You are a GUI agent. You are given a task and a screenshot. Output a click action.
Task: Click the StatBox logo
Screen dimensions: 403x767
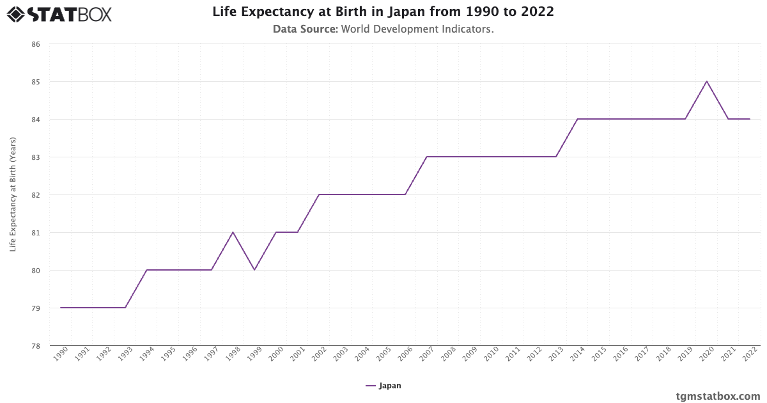click(x=59, y=14)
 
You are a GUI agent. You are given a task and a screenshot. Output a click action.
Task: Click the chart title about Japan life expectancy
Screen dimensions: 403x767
click(x=383, y=12)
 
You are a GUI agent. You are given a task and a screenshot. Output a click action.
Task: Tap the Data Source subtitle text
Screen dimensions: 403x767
click(x=383, y=29)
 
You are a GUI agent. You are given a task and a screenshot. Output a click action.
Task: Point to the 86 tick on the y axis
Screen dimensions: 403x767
click(x=36, y=44)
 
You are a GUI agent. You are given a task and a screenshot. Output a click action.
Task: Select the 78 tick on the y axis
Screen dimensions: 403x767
click(x=36, y=346)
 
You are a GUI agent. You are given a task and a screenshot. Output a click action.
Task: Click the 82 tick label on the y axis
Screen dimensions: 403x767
click(x=36, y=195)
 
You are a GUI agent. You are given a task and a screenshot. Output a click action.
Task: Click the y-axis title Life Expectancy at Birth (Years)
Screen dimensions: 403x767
click(x=13, y=194)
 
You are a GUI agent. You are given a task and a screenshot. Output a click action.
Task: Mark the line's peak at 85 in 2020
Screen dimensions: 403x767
click(x=706, y=81)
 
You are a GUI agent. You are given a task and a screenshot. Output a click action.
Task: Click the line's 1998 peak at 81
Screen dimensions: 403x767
click(x=233, y=232)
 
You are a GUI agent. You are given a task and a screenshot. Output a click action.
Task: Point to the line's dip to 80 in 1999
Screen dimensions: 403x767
click(x=254, y=270)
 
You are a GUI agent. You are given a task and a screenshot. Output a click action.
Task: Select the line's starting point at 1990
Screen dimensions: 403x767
click(x=61, y=308)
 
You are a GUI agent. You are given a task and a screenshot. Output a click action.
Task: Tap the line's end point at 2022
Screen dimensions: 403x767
click(x=749, y=119)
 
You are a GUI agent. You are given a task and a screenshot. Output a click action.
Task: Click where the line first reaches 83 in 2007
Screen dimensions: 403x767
click(x=426, y=157)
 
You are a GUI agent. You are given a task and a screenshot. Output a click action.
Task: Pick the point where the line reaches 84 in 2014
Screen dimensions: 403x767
click(x=577, y=119)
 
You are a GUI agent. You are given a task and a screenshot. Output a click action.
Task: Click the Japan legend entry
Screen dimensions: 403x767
click(x=383, y=386)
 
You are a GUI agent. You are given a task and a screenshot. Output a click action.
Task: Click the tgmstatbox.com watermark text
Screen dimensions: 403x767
click(x=718, y=396)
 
